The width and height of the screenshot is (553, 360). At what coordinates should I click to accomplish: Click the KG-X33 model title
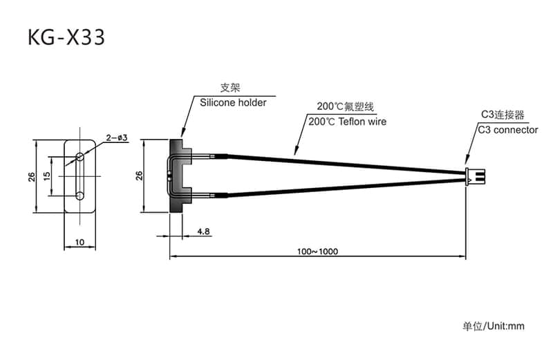[x=66, y=37]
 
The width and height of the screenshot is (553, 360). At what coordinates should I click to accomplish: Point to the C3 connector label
[x=507, y=129]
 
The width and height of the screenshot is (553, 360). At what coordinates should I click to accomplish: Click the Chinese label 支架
[x=229, y=88]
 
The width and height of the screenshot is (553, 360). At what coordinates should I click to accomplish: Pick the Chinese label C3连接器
[x=503, y=115]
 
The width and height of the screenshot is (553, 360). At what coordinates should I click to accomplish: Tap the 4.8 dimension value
[x=204, y=231]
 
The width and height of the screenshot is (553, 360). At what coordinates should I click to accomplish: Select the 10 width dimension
[x=80, y=242]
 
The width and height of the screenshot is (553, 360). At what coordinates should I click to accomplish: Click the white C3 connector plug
[x=476, y=176]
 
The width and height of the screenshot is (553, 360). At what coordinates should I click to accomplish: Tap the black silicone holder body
[x=182, y=176]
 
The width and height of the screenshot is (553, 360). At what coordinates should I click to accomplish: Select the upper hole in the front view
[x=80, y=157]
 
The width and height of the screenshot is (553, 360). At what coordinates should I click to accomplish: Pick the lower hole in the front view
[x=80, y=196]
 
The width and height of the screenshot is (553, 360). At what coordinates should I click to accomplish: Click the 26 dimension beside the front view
[x=31, y=176]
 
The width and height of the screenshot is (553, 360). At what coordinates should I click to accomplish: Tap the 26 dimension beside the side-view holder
[x=138, y=176]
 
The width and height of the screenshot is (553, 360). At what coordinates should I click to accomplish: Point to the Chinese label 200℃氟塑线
[x=345, y=107]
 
